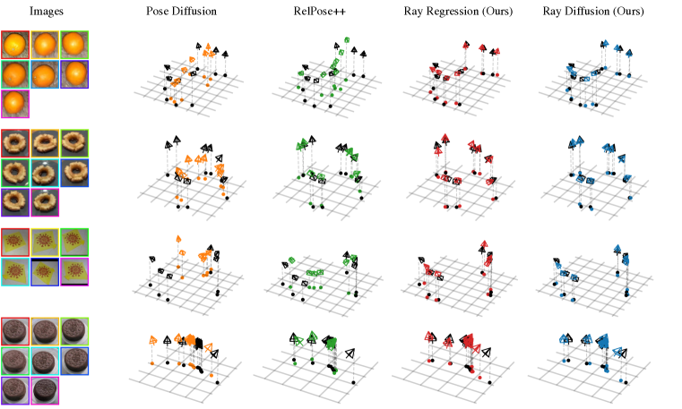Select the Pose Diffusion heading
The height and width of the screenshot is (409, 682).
183,12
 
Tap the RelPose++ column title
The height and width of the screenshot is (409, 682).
324,12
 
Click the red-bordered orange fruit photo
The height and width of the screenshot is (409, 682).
15,45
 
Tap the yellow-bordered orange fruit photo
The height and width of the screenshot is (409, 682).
45,45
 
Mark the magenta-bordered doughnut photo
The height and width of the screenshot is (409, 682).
45,200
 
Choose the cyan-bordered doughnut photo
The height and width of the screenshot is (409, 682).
45,172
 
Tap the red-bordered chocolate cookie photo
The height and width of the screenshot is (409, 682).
15,330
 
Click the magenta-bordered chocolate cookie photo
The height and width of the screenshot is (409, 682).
45,388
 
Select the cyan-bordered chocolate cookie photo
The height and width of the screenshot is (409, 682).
45,360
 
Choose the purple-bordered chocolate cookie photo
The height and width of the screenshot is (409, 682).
15,388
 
